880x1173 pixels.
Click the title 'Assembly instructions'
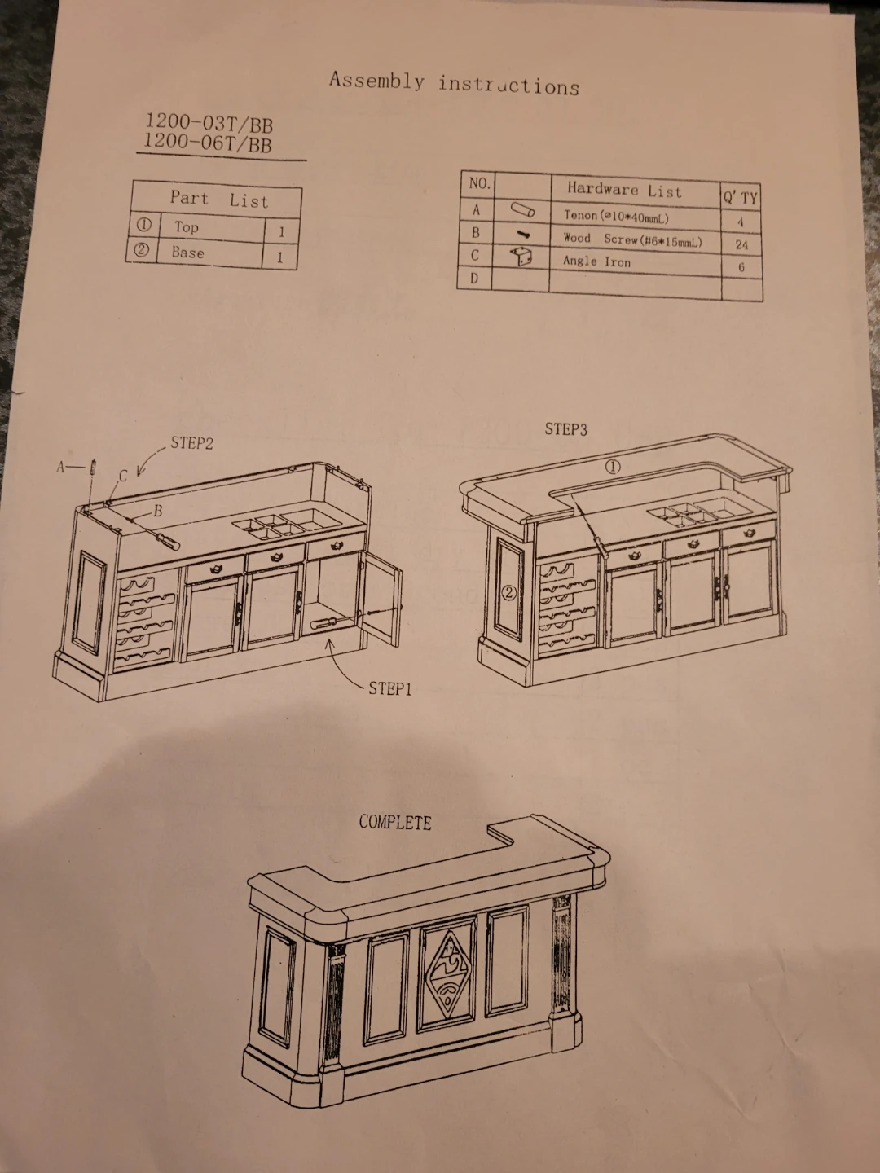click(x=454, y=84)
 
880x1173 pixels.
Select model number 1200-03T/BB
click(x=209, y=124)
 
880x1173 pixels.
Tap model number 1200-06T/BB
click(x=207, y=143)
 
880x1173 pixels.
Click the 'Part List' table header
click(x=219, y=200)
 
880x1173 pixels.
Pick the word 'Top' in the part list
click(x=187, y=227)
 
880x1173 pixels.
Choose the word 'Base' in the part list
click(x=187, y=252)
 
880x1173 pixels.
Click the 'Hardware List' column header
click(x=625, y=190)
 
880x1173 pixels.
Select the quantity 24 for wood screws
click(x=741, y=245)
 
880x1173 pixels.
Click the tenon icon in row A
click(x=522, y=209)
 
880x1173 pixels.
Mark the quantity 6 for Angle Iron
click(x=741, y=267)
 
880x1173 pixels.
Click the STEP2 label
click(x=191, y=443)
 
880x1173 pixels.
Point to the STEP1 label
click(x=390, y=689)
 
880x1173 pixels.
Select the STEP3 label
click(x=565, y=429)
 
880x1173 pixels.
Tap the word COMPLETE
click(x=395, y=822)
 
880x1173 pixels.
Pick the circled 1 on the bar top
click(x=613, y=467)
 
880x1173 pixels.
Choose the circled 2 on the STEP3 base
click(x=510, y=593)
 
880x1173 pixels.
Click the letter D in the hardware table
click(x=473, y=279)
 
